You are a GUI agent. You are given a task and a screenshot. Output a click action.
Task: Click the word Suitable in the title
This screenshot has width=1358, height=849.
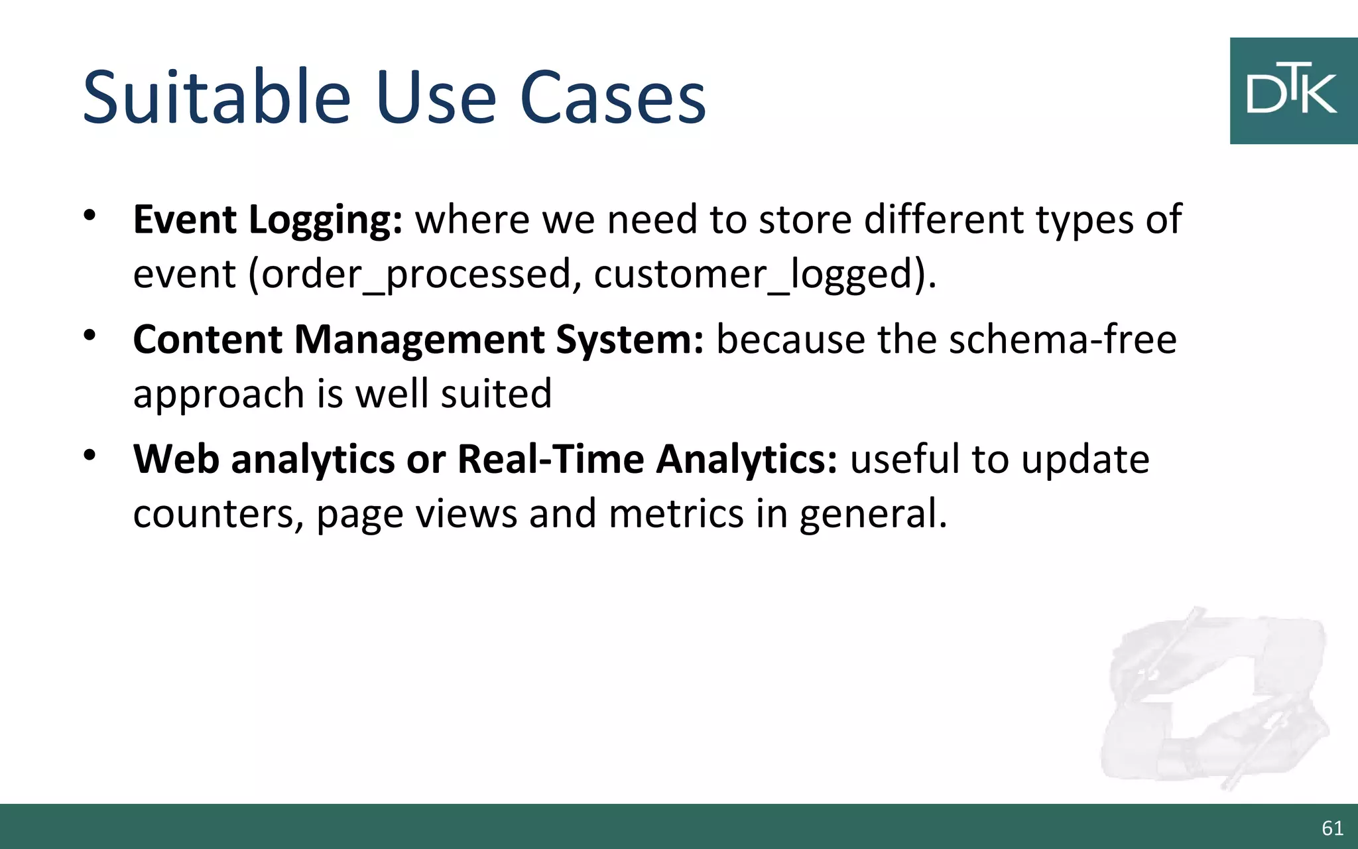tap(216, 98)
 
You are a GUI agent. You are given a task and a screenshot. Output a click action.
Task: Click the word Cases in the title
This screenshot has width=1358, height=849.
tap(613, 98)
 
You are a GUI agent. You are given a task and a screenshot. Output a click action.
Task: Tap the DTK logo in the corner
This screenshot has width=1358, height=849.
tap(1293, 91)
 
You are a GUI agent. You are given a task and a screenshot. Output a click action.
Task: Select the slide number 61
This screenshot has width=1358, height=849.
tap(1332, 828)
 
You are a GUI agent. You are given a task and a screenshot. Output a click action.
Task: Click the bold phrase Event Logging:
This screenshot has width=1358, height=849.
tap(267, 220)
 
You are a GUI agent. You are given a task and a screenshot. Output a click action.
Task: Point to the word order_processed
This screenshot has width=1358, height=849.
tap(416, 275)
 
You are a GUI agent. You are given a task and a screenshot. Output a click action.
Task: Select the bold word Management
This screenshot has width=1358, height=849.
tap(419, 340)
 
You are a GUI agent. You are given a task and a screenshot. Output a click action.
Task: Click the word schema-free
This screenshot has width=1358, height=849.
tap(1062, 340)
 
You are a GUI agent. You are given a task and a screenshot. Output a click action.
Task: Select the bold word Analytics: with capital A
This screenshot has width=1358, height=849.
tap(747, 459)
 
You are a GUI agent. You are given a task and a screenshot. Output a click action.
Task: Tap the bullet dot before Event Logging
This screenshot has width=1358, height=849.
tap(90, 216)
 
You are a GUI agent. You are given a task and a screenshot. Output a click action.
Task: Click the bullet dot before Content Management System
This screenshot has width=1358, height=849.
tap(90, 336)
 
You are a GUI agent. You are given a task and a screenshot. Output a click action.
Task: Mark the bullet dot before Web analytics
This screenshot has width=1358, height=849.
tap(90, 456)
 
